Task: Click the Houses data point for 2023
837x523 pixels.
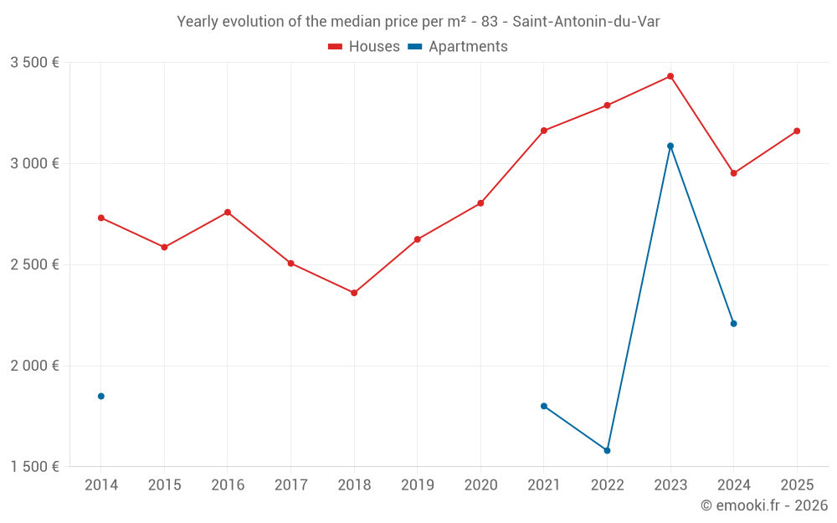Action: [670, 76]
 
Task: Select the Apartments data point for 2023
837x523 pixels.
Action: [670, 146]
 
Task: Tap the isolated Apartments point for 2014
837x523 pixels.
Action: [101, 396]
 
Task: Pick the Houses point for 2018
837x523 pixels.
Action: [354, 293]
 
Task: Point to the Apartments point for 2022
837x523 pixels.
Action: [607, 450]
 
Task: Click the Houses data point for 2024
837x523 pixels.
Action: [733, 173]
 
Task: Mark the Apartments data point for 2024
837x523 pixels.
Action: [733, 323]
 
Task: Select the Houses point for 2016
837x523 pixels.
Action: [228, 213]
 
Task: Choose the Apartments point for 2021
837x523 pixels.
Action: [544, 406]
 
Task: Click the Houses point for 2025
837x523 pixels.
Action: [797, 131]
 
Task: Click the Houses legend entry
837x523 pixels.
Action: [364, 47]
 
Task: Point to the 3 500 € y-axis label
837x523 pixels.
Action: [34, 63]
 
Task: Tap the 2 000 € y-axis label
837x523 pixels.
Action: [34, 366]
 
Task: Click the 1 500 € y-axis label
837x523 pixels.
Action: [34, 467]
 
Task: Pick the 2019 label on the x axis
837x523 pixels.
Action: [417, 485]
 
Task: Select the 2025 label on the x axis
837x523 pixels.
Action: [797, 485]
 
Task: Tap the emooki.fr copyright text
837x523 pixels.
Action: [764, 505]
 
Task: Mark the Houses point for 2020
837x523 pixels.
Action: [480, 203]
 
